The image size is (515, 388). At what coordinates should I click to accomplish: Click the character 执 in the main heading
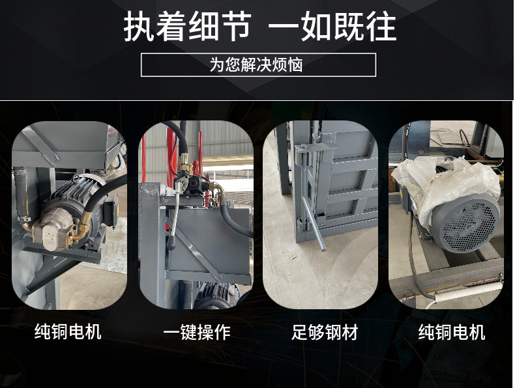click(139, 27)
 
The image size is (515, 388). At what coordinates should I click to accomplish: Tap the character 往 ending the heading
click(381, 27)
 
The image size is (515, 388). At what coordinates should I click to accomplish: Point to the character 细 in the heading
click(203, 27)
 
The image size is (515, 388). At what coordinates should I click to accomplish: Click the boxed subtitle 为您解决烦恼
click(256, 64)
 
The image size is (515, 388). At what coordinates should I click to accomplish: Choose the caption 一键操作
click(197, 332)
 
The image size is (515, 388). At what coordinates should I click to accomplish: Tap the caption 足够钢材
click(325, 332)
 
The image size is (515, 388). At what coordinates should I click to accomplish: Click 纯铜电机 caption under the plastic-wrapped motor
click(452, 332)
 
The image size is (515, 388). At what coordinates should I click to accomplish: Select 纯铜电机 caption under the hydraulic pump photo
click(68, 331)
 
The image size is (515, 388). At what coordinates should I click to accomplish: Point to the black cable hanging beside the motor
click(413, 256)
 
